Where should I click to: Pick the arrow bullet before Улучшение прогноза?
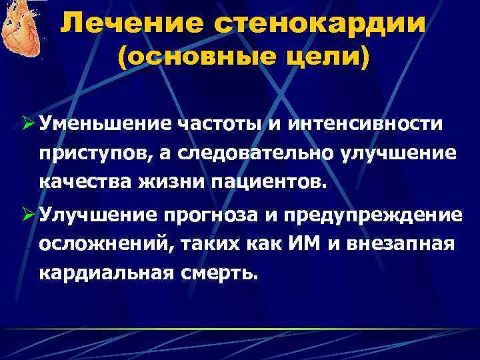tap(29, 214)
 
